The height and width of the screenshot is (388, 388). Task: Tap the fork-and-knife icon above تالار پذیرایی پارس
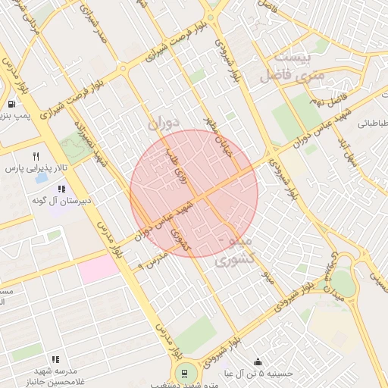35,157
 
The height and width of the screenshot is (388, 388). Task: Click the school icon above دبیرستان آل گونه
61,189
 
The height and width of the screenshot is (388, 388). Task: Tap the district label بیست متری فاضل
292,67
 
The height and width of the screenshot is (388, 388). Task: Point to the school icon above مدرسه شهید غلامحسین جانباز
55,359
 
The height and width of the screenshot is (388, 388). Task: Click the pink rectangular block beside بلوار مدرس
99,269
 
